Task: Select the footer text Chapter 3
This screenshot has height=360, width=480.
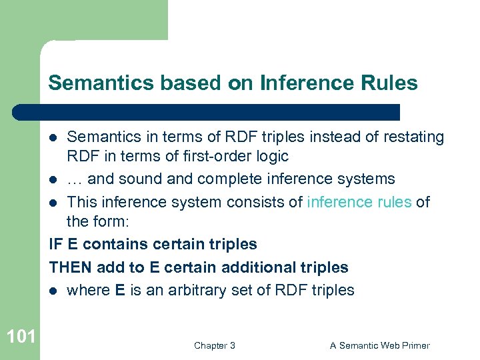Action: point(214,345)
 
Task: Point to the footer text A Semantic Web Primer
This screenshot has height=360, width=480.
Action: point(380,345)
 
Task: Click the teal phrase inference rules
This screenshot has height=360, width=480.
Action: point(359,202)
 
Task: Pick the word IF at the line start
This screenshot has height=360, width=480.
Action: point(55,245)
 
